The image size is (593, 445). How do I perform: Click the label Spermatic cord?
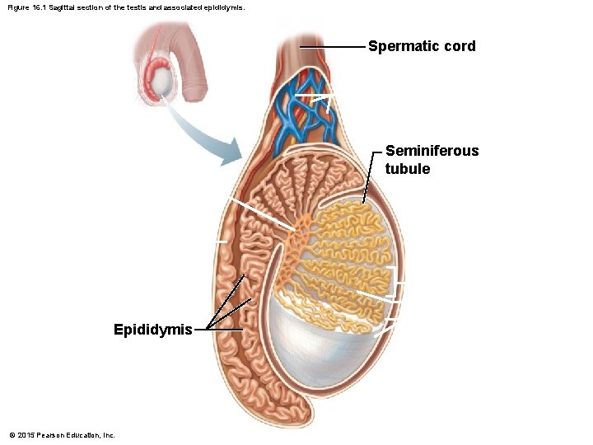[422, 46]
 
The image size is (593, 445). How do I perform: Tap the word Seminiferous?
[432, 151]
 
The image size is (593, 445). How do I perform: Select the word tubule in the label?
[407, 169]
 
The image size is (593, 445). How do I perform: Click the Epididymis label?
[153, 330]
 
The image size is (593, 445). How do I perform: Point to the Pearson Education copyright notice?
[62, 435]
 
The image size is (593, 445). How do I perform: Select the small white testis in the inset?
[165, 81]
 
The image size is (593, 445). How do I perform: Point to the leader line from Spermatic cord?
[334, 47]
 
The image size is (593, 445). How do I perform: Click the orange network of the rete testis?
[292, 247]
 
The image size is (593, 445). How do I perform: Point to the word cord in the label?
[459, 46]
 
